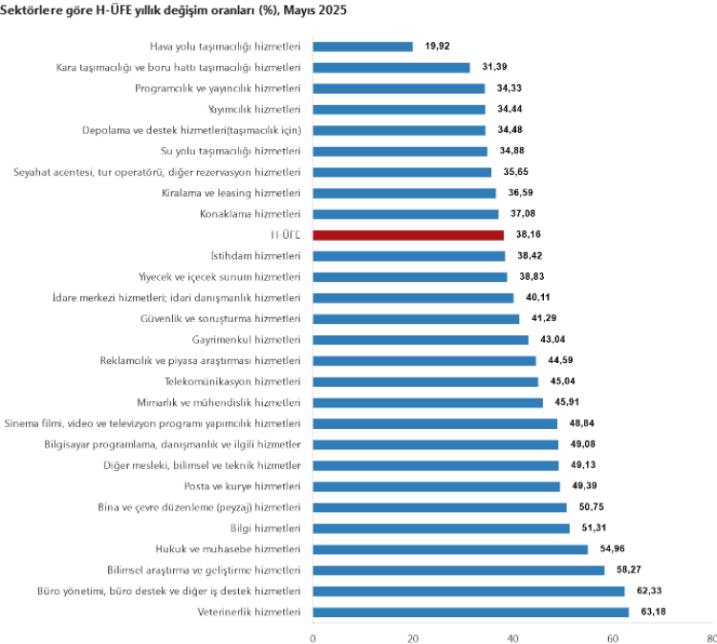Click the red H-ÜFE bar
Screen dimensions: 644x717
(408, 235)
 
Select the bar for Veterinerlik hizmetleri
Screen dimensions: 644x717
(470, 612)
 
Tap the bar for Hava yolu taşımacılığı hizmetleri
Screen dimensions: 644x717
(362, 46)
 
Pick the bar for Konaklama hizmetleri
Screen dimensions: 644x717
(405, 214)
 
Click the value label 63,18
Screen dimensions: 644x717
(654, 612)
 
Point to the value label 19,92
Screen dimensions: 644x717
(438, 46)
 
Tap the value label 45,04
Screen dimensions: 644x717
(563, 381)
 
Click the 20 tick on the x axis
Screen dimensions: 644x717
(413, 636)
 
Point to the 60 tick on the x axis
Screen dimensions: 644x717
(613, 636)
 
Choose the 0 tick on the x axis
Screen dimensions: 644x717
(313, 636)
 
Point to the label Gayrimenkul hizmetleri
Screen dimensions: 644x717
(247, 339)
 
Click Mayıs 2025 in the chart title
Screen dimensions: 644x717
(317, 10)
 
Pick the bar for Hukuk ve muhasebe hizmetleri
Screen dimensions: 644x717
(450, 549)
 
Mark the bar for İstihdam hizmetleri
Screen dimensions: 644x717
(408, 256)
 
